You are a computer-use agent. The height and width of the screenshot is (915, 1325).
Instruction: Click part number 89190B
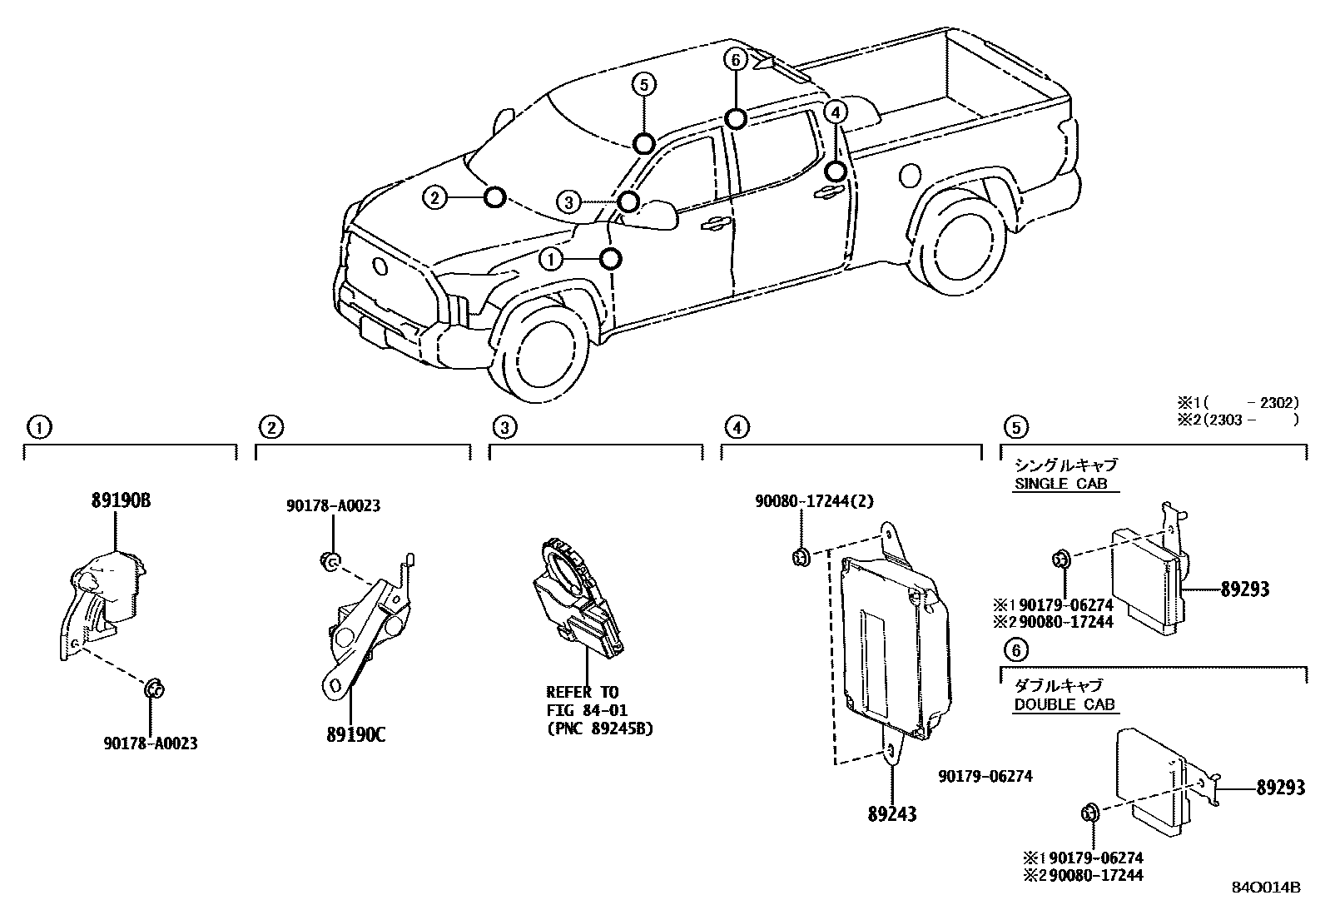121,500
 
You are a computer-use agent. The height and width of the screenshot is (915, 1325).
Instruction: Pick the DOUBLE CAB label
1064,704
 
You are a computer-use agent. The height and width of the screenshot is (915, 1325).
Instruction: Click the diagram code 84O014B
1266,887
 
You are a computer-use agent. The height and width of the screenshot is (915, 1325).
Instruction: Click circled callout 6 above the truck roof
734,59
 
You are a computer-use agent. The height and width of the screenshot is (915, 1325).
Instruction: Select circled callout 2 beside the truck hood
434,197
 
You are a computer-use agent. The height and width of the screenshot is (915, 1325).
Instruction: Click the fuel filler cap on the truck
911,175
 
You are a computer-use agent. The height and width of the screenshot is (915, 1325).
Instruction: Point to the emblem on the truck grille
380,266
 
